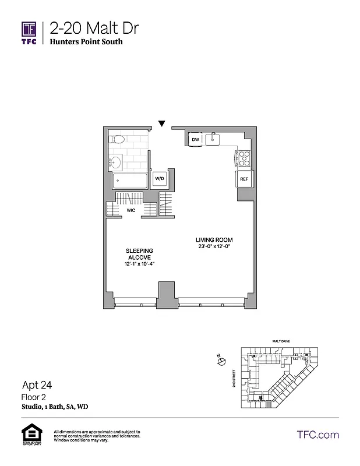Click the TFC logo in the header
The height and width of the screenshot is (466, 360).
click(x=29, y=33)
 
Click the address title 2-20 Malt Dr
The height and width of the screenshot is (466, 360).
click(x=94, y=28)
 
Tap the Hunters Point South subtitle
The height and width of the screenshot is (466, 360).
click(x=86, y=42)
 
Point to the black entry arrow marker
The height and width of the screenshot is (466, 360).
click(x=162, y=123)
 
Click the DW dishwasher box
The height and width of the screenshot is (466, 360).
click(x=196, y=140)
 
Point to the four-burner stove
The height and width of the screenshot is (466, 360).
click(x=243, y=157)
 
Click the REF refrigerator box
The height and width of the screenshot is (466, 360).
click(x=244, y=179)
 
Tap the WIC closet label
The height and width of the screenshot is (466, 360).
click(x=131, y=211)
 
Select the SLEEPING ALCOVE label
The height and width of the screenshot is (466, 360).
click(x=139, y=254)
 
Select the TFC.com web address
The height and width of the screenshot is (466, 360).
click(x=317, y=435)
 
